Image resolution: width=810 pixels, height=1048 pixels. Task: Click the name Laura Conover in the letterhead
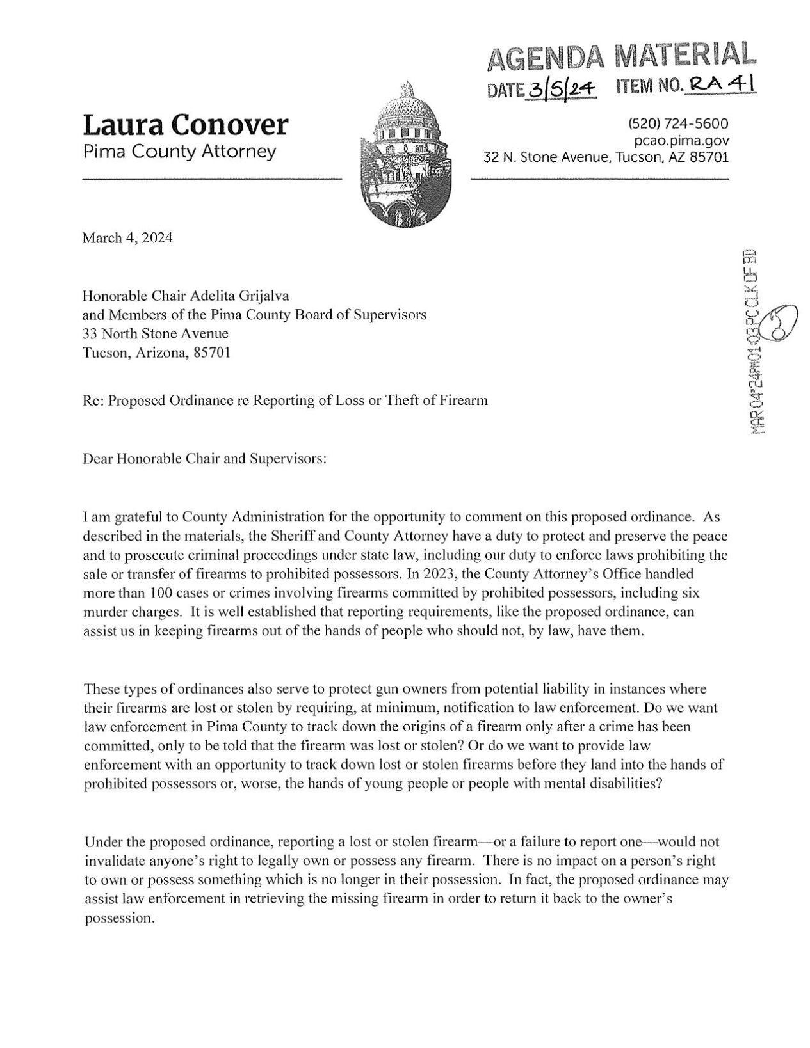[185, 125]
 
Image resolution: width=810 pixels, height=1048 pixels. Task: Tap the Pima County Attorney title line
[179, 152]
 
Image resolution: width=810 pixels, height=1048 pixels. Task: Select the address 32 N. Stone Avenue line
[606, 156]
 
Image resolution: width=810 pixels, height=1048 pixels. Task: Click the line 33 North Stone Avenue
[156, 333]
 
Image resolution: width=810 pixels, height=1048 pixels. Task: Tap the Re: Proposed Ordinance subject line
[285, 401]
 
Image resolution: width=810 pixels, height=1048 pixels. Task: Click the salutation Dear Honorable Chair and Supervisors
[206, 459]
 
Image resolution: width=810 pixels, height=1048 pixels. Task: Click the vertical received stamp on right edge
[756, 339]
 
